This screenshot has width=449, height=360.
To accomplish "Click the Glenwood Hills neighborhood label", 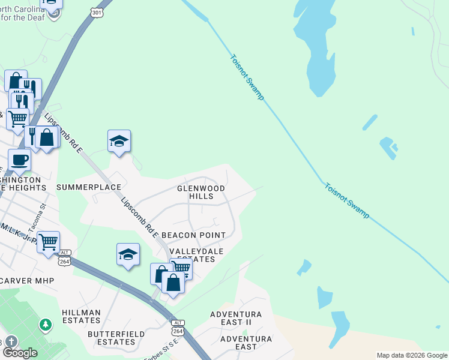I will [200, 192].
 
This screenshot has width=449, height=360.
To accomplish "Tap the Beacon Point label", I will [193, 235].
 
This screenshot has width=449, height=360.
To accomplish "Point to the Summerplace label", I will [89, 187].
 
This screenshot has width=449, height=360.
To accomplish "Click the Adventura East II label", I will [236, 318].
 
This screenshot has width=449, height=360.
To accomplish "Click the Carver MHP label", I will [28, 281].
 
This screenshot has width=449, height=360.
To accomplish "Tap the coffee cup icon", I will [19, 160].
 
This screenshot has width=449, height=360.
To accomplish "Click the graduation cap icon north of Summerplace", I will [119, 142].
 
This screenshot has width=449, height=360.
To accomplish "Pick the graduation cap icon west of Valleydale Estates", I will [128, 254].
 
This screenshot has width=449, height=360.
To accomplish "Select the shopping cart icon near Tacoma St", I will [48, 243].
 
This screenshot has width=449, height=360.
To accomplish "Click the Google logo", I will [20, 353].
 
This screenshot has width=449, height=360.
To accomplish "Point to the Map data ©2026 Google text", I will [412, 355].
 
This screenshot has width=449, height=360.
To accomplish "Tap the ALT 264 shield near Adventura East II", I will [178, 327].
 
